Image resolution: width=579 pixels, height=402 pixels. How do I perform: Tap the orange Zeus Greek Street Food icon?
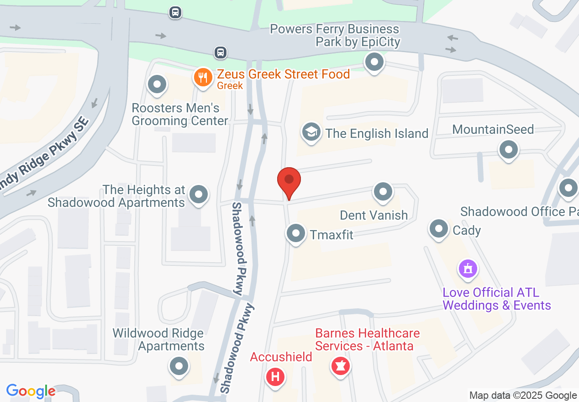(201, 77)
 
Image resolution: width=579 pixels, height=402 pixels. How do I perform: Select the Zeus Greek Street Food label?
(283, 74)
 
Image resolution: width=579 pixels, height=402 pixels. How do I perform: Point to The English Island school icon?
(311, 132)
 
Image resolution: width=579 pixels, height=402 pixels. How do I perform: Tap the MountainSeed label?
(493, 129)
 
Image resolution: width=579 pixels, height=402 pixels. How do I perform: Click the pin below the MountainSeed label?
(508, 150)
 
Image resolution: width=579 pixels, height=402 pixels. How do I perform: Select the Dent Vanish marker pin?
(383, 192)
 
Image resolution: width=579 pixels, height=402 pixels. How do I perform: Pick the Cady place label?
(467, 230)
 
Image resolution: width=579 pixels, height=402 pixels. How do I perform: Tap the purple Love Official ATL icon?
(468, 269)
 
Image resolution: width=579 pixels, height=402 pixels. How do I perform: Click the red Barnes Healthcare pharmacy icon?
(341, 366)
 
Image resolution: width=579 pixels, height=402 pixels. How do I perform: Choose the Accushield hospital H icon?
(276, 377)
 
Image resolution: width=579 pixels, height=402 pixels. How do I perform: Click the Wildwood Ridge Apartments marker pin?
(179, 366)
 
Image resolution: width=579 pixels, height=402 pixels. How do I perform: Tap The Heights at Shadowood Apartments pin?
(198, 195)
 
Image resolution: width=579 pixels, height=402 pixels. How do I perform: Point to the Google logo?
(31, 391)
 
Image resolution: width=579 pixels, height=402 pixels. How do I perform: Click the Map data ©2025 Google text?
(523, 395)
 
